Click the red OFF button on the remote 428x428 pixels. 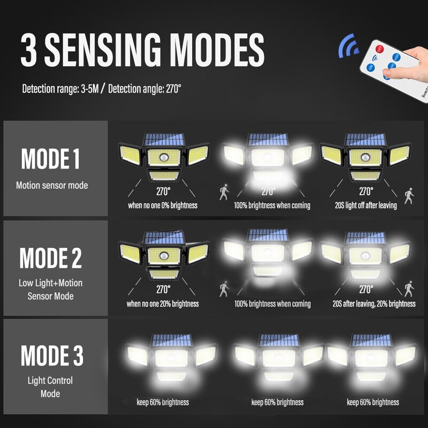[x=379, y=49]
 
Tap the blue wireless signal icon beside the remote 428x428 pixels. [x=348, y=46]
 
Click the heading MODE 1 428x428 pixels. [x=50, y=159]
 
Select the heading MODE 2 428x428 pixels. [x=50, y=258]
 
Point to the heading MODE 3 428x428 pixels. [x=52, y=355]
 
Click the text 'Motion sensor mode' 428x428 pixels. [x=52, y=185]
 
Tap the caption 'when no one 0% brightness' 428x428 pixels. [x=163, y=205]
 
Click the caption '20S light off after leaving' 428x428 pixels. [x=366, y=205]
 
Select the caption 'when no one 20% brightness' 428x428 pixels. [x=163, y=304]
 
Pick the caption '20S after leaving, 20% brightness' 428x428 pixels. [x=374, y=304]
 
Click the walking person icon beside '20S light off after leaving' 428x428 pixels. [x=409, y=196]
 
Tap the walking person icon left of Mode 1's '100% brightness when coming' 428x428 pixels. [x=224, y=192]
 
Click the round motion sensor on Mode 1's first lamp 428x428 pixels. [x=164, y=157]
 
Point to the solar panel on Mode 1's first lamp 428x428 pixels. [x=164, y=140]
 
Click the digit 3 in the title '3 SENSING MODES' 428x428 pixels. [x=29, y=50]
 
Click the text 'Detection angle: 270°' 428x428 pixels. [x=144, y=89]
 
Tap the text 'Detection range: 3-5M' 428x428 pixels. [x=60, y=89]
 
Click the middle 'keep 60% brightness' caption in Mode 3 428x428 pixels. [x=277, y=402]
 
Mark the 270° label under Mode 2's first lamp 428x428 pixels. [x=163, y=289]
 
